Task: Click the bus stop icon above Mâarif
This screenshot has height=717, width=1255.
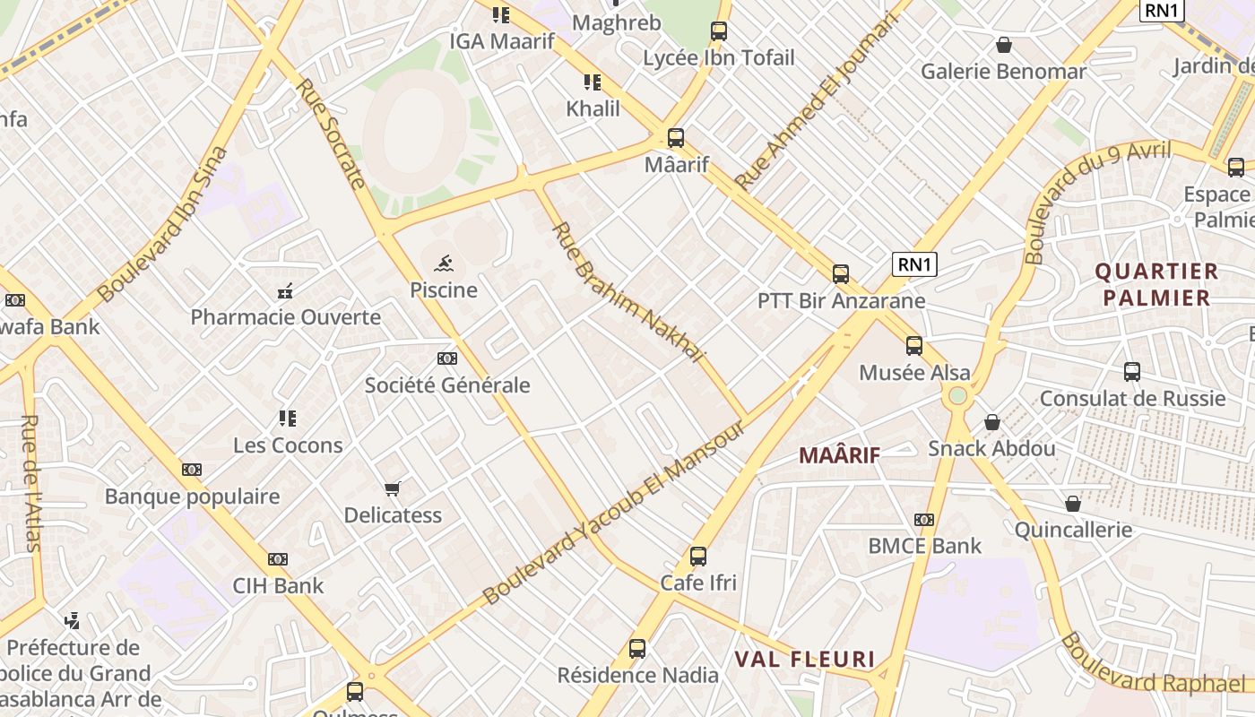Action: point(676,138)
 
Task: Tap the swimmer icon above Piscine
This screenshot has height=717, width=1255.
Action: point(444,263)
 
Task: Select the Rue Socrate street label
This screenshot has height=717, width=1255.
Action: point(331,134)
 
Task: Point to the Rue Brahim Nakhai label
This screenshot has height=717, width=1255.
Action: point(627,292)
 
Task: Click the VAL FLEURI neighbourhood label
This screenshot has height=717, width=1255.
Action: point(805,660)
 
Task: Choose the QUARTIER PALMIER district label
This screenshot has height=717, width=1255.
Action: point(1156,284)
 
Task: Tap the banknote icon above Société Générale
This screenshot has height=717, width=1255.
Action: point(447,358)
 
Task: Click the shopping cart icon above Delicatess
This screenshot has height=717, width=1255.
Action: point(392,488)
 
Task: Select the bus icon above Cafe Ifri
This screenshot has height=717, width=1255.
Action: point(698,557)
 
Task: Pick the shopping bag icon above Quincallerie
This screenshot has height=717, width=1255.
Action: point(1073,504)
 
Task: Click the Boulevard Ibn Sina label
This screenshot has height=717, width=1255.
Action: point(162,225)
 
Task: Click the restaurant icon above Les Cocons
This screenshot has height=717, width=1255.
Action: point(287,419)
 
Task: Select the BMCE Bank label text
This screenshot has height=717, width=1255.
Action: point(924,546)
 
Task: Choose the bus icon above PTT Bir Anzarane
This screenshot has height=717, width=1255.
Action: point(841,274)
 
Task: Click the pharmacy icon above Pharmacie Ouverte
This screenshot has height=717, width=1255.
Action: point(286,290)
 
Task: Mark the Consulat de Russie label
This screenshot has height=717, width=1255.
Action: point(1132,398)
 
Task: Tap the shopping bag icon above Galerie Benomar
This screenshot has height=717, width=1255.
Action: point(1004,45)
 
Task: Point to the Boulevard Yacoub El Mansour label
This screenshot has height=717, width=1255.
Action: point(614,512)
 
